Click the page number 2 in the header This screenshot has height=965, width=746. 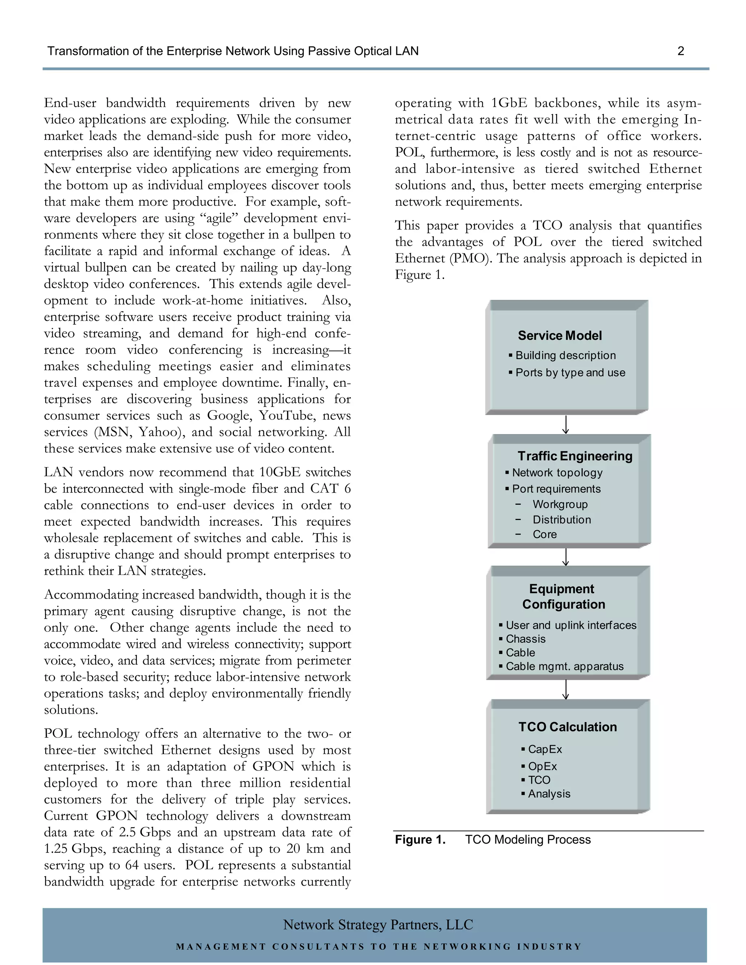[680, 51]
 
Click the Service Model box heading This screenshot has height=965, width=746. [559, 335]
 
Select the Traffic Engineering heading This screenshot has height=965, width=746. [574, 456]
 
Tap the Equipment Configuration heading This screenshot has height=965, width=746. [563, 596]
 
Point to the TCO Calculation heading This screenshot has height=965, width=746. [568, 727]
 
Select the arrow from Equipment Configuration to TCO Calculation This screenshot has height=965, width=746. [565, 689]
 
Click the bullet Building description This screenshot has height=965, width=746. [565, 355]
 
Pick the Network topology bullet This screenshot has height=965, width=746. [557, 472]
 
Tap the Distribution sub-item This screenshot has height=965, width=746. [561, 520]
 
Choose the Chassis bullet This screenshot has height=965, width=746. [526, 639]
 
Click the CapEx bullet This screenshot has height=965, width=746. [545, 749]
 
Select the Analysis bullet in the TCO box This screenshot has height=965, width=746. [549, 793]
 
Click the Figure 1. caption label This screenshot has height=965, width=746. [420, 839]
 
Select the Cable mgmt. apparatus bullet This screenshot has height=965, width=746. [564, 666]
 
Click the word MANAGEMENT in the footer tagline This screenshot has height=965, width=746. [221, 946]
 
